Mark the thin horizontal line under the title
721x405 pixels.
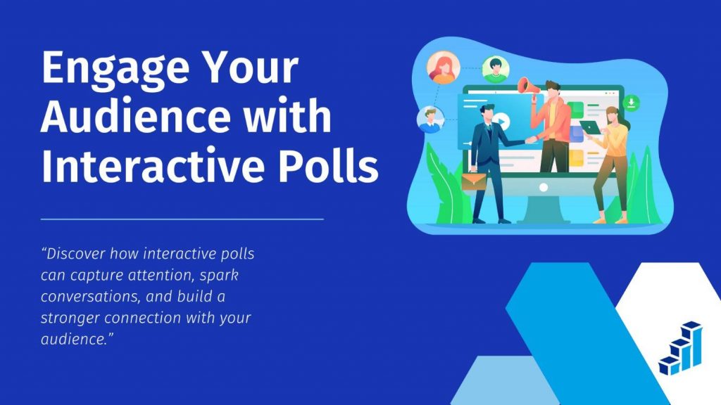[x=182, y=219]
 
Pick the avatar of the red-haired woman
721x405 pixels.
[x=444, y=67]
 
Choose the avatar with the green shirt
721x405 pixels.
[x=496, y=69]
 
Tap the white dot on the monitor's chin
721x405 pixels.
[x=543, y=188]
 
